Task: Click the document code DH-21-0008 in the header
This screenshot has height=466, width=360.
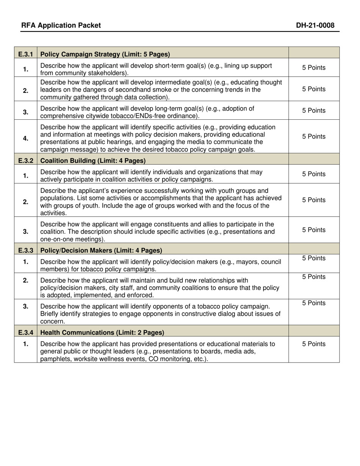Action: [315, 25]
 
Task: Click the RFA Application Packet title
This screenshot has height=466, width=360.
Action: [61, 25]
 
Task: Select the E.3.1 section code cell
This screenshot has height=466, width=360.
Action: [25, 54]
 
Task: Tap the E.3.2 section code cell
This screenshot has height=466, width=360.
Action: [25, 161]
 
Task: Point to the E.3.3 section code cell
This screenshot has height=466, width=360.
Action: [25, 250]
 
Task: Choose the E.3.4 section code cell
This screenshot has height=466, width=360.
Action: [25, 333]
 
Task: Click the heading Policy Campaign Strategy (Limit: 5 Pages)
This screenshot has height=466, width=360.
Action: [105, 54]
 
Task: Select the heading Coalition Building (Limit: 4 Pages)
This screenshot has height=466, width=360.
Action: [93, 161]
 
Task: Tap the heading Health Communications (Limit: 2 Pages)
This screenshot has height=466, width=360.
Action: [102, 333]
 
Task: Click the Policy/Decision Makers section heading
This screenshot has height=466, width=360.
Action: [101, 250]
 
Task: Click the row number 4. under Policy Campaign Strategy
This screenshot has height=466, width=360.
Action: [25, 138]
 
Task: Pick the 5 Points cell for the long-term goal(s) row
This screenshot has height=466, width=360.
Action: [314, 111]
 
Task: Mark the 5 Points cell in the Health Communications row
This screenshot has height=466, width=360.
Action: [314, 344]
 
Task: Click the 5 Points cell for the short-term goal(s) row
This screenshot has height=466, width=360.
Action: [314, 68]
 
